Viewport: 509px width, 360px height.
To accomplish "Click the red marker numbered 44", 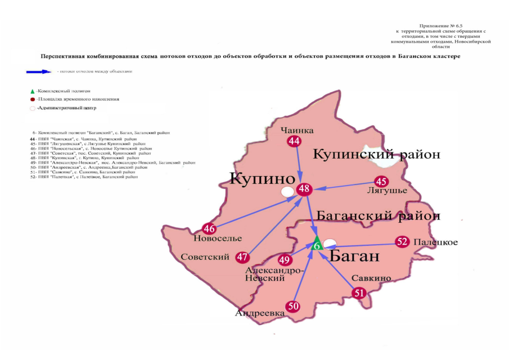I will (294, 142).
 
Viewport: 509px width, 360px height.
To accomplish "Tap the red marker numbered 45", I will (382, 181).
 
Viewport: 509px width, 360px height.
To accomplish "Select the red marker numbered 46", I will (209, 228).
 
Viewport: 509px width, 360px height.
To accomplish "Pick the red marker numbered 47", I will (242, 257).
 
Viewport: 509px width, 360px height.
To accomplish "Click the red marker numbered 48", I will (305, 189).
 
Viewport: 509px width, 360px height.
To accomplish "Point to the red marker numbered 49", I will (285, 260).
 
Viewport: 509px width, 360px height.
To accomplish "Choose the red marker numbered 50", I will (293, 306).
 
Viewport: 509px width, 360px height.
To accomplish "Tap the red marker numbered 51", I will (359, 292).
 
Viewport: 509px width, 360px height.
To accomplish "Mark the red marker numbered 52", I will (402, 242).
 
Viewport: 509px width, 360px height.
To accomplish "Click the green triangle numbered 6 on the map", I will (317, 245).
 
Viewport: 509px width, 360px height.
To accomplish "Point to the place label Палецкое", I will (435, 242).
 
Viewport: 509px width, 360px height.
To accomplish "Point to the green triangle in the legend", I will (32, 91).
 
